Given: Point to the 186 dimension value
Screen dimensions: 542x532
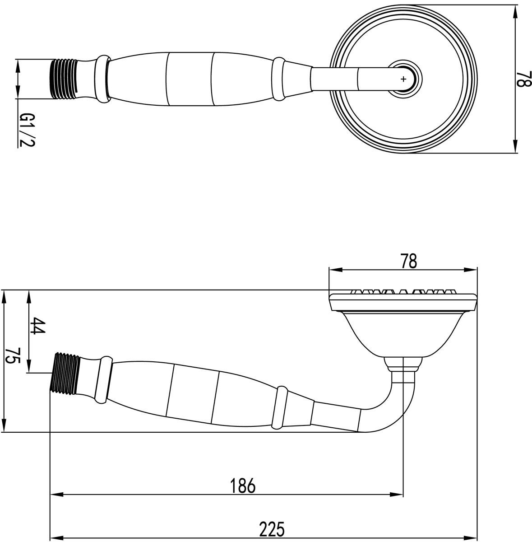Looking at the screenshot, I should [x=243, y=486].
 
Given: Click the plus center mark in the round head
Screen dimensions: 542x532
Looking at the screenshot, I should [x=403, y=79].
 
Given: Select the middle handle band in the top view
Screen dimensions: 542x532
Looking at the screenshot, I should [x=189, y=79].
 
